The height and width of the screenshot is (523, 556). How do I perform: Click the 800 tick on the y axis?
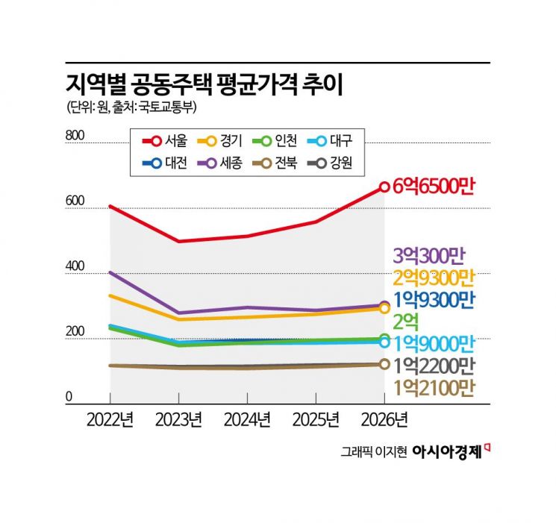click(77, 136)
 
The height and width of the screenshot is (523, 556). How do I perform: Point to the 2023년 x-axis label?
click(178, 420)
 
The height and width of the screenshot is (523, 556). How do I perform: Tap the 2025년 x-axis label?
click(316, 420)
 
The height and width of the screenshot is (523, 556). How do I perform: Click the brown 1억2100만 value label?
click(433, 386)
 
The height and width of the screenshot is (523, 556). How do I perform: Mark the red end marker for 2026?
click(384, 187)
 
